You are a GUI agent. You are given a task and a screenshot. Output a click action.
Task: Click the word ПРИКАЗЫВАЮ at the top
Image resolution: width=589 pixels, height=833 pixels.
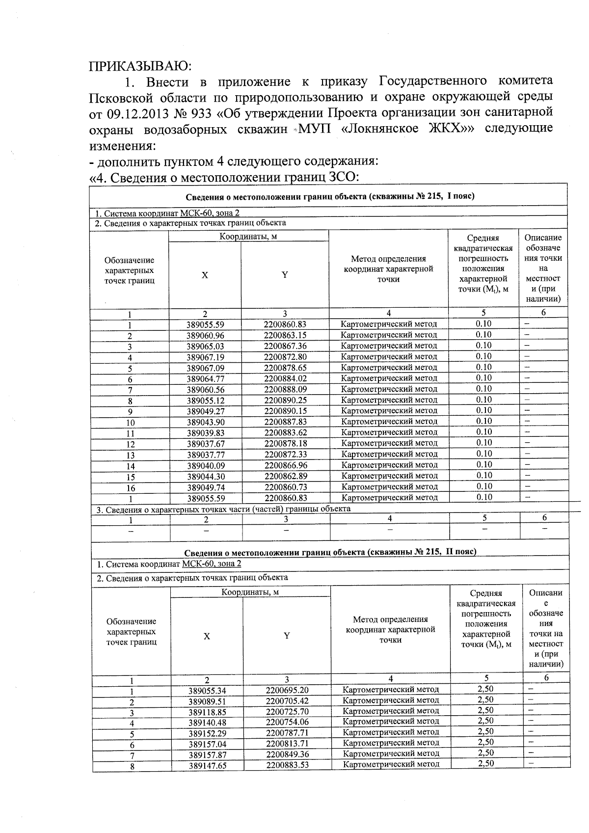[139, 66]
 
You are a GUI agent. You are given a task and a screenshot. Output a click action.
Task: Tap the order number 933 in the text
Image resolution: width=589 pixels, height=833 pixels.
[201, 113]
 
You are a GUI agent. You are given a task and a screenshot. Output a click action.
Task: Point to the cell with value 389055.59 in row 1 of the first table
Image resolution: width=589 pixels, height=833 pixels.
[205, 324]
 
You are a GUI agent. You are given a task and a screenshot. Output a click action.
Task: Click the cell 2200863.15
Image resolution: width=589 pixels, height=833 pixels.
[285, 335]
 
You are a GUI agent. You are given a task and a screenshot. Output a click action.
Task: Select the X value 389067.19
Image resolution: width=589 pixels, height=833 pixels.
[205, 357]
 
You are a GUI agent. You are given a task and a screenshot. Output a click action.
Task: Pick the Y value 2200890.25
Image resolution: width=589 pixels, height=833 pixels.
[285, 400]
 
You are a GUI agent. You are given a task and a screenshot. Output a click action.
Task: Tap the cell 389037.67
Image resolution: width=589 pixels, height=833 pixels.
[205, 444]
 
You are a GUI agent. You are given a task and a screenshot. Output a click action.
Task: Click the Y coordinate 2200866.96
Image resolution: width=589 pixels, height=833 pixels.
[285, 465]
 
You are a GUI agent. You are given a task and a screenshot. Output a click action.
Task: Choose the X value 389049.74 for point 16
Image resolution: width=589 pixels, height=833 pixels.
[205, 487]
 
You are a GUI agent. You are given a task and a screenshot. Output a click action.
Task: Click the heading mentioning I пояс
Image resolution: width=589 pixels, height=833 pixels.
[330, 197]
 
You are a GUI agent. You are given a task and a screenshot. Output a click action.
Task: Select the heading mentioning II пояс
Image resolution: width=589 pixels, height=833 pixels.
[330, 552]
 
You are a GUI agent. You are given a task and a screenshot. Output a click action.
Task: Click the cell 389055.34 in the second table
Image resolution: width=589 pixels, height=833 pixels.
[207, 691]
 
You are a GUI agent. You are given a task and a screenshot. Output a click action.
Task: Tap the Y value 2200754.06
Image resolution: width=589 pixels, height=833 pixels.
[287, 722]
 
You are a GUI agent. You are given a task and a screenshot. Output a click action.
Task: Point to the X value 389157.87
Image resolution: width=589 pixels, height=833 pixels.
[207, 754]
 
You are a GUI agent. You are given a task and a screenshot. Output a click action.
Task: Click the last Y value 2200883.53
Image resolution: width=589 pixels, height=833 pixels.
[287, 765]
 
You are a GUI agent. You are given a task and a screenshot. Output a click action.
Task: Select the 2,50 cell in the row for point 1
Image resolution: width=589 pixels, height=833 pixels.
[485, 689]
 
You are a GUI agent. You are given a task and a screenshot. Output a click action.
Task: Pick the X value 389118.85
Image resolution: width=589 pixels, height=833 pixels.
[207, 712]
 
